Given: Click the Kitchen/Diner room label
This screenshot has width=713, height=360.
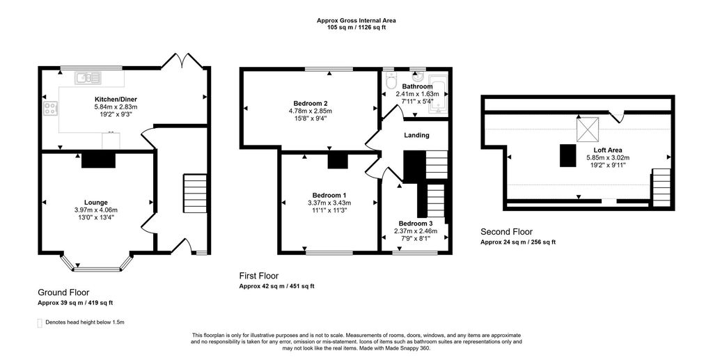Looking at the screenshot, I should [x=116, y=99].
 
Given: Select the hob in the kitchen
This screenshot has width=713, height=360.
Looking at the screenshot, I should [x=51, y=108].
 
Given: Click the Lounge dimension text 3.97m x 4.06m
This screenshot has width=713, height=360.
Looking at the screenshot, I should [x=96, y=210].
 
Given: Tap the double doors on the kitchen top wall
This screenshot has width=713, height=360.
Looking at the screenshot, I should [x=182, y=62].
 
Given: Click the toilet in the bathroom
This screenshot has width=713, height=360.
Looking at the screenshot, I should [x=390, y=77].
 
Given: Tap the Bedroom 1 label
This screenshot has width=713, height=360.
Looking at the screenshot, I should [x=329, y=194].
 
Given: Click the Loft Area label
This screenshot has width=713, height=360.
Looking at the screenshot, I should [x=608, y=150].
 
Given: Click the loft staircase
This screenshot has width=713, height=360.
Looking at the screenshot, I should [x=660, y=185].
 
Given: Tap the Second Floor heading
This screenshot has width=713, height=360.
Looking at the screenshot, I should [x=506, y=232].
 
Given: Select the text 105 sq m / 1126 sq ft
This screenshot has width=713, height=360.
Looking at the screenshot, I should [x=356, y=27].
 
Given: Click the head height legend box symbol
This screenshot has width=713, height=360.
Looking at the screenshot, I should [x=40, y=323].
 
